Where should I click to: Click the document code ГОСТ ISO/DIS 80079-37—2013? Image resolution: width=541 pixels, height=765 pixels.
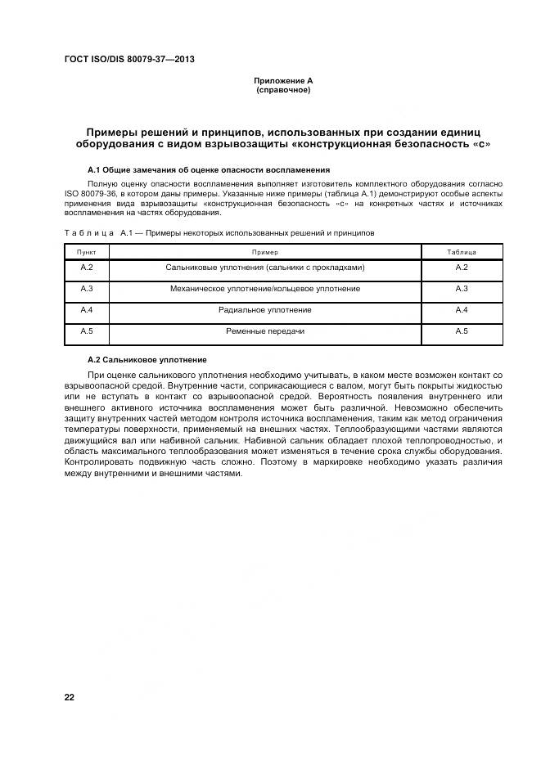pos(128,59)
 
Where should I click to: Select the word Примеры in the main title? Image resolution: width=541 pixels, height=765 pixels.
pos(119,133)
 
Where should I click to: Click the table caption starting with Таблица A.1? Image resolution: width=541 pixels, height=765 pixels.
pos(219,233)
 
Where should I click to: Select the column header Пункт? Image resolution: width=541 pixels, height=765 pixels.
pos(86,253)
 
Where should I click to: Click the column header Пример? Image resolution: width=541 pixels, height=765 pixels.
pos(264,253)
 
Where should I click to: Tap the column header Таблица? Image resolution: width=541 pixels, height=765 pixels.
pos(461,253)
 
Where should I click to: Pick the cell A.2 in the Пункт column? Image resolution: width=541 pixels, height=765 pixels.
pos(87,268)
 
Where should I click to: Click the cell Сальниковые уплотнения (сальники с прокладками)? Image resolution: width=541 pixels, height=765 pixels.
pos(264,268)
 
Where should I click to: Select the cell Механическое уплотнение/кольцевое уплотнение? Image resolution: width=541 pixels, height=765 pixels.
pos(264,290)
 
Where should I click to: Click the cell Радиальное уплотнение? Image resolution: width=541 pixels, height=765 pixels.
pos(264,311)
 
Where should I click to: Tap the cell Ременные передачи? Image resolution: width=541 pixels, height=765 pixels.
pos(264,331)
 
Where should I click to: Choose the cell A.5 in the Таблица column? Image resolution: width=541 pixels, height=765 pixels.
pos(461,331)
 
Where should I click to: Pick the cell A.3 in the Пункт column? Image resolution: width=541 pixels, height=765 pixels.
pos(87,290)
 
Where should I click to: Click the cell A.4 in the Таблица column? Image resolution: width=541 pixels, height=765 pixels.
pos(461,311)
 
